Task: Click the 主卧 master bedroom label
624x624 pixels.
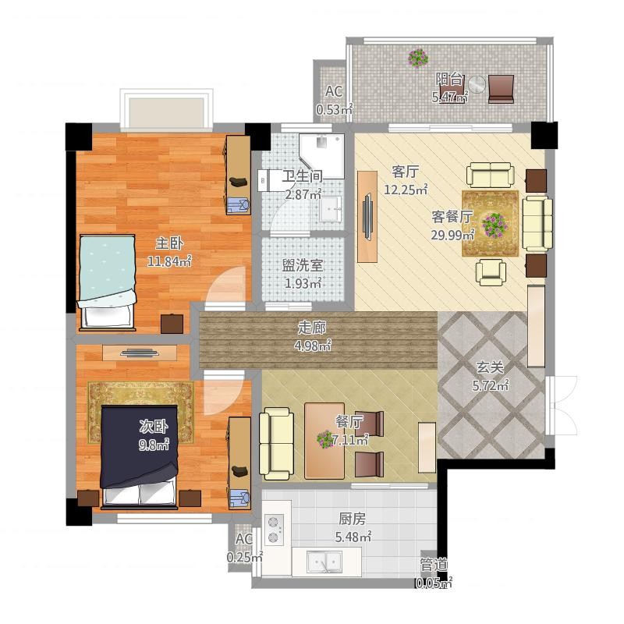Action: click(169, 243)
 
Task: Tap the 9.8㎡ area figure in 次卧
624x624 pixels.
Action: click(154, 444)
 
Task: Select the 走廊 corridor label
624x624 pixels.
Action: click(312, 328)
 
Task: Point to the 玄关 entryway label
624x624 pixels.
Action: click(490, 367)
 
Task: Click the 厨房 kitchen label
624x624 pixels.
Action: click(353, 519)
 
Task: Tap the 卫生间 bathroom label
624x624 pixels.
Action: click(303, 176)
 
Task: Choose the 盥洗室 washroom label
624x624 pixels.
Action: click(303, 265)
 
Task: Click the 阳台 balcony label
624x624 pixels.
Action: click(449, 79)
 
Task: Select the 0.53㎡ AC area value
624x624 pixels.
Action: click(335, 109)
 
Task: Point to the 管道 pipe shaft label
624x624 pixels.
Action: click(434, 565)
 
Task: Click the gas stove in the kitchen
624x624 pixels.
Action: click(275, 530)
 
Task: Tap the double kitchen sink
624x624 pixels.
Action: click(324, 562)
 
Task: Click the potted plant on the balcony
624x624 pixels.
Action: click(418, 58)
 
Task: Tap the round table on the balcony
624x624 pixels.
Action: click(477, 84)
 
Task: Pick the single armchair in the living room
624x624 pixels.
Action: click(491, 272)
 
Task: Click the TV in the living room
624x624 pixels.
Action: click(367, 217)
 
